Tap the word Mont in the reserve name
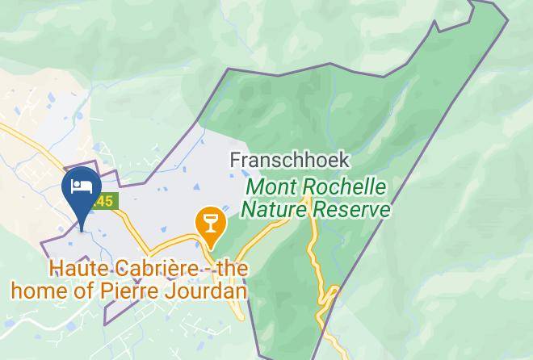pos(269,187)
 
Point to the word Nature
pos(271,210)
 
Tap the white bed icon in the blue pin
pos(81,186)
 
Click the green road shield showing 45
pos(106,199)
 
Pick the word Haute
pos(76,268)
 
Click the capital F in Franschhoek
pos(235,160)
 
